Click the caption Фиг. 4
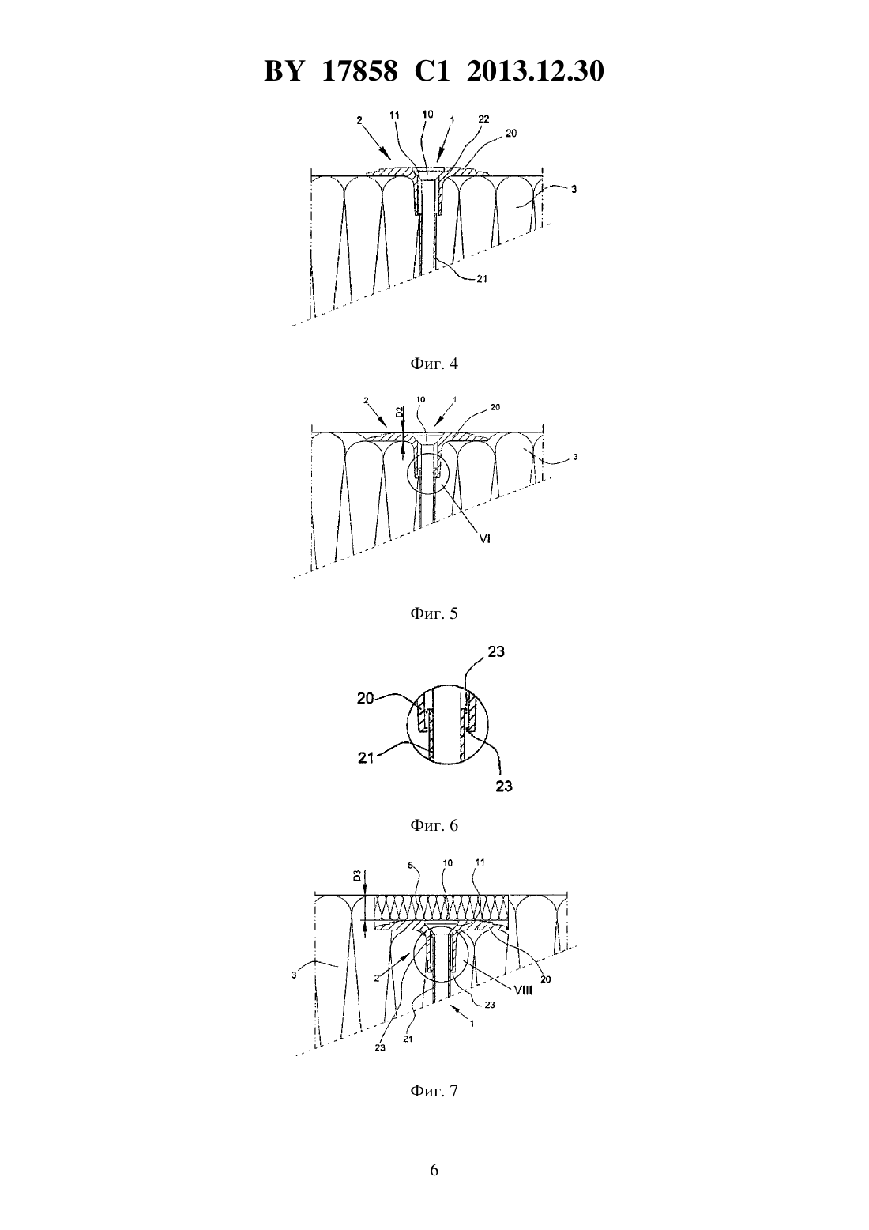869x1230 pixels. click(434, 364)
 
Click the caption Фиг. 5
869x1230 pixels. click(434, 613)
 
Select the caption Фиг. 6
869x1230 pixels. click(434, 825)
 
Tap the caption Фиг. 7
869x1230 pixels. click(434, 1091)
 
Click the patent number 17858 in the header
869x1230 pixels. click(360, 71)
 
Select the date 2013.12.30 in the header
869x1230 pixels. click(536, 71)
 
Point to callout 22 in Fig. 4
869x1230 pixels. click(483, 119)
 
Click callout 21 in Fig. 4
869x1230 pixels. click(481, 279)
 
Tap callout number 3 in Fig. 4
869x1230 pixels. click(574, 190)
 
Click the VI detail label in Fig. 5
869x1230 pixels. click(484, 539)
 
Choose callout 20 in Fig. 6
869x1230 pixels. click(366, 699)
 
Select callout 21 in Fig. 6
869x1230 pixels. click(366, 758)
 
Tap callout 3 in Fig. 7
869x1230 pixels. click(294, 975)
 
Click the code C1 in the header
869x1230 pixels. click(432, 71)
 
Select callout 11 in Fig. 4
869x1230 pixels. click(394, 115)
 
